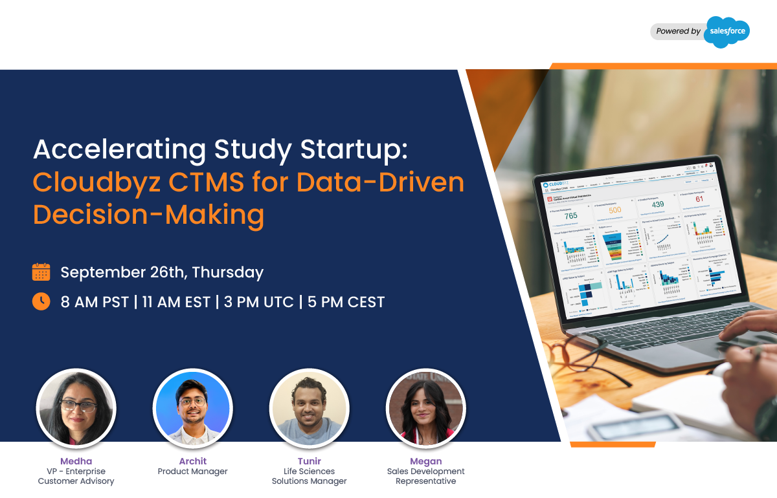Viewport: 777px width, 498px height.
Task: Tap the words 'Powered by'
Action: click(678, 31)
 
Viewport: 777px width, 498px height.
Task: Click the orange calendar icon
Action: click(41, 272)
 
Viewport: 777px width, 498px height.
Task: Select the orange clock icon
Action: click(41, 301)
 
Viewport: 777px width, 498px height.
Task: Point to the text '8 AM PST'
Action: click(95, 301)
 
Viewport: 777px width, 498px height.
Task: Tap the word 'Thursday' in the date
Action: click(228, 272)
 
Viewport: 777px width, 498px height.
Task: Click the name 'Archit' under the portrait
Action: click(192, 461)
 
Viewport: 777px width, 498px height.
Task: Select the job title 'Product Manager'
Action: click(192, 471)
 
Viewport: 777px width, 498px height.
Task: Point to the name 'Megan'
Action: click(425, 461)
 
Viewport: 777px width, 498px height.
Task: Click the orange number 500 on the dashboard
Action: click(615, 210)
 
